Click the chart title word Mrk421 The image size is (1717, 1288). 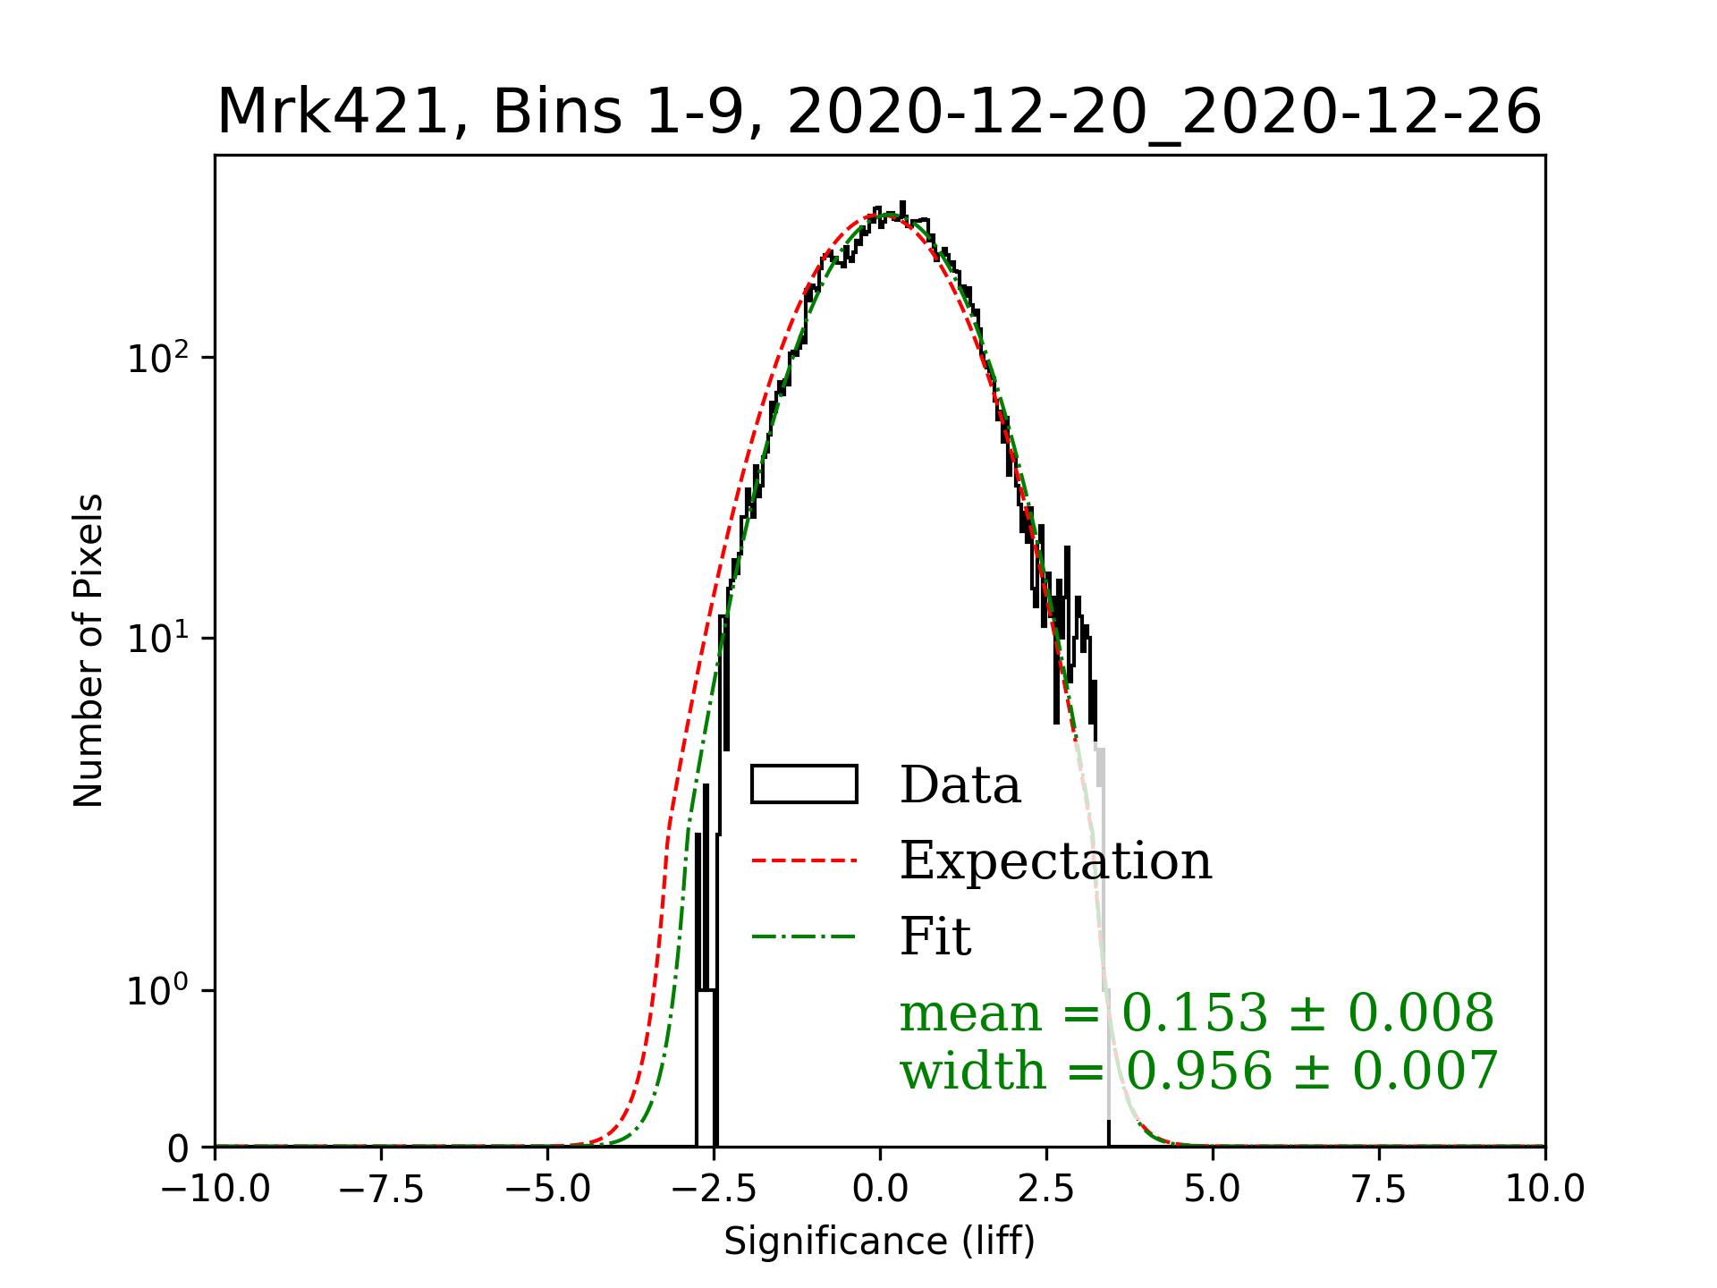(331, 113)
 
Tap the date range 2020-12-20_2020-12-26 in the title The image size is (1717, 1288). (1163, 113)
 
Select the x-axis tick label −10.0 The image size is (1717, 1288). (215, 1189)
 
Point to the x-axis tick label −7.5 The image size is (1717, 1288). (381, 1189)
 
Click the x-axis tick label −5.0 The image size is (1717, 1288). (547, 1189)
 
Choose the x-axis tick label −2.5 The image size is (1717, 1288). (714, 1189)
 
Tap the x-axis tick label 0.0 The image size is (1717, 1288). (880, 1189)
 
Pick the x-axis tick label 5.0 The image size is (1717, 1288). (1213, 1189)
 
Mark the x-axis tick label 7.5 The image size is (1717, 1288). (1379, 1189)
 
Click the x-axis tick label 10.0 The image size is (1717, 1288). (1545, 1189)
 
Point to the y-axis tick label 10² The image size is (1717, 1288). (158, 359)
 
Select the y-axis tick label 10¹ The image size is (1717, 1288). (158, 640)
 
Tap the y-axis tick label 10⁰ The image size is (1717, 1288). (158, 991)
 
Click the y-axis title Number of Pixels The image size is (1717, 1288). (89, 650)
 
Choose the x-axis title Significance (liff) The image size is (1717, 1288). (879, 1241)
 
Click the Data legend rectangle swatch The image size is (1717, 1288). (804, 784)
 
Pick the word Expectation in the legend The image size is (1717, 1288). (1055, 860)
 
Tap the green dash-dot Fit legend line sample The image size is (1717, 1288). (804, 936)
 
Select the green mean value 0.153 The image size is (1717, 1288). (1195, 1013)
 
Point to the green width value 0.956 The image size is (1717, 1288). (1198, 1071)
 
